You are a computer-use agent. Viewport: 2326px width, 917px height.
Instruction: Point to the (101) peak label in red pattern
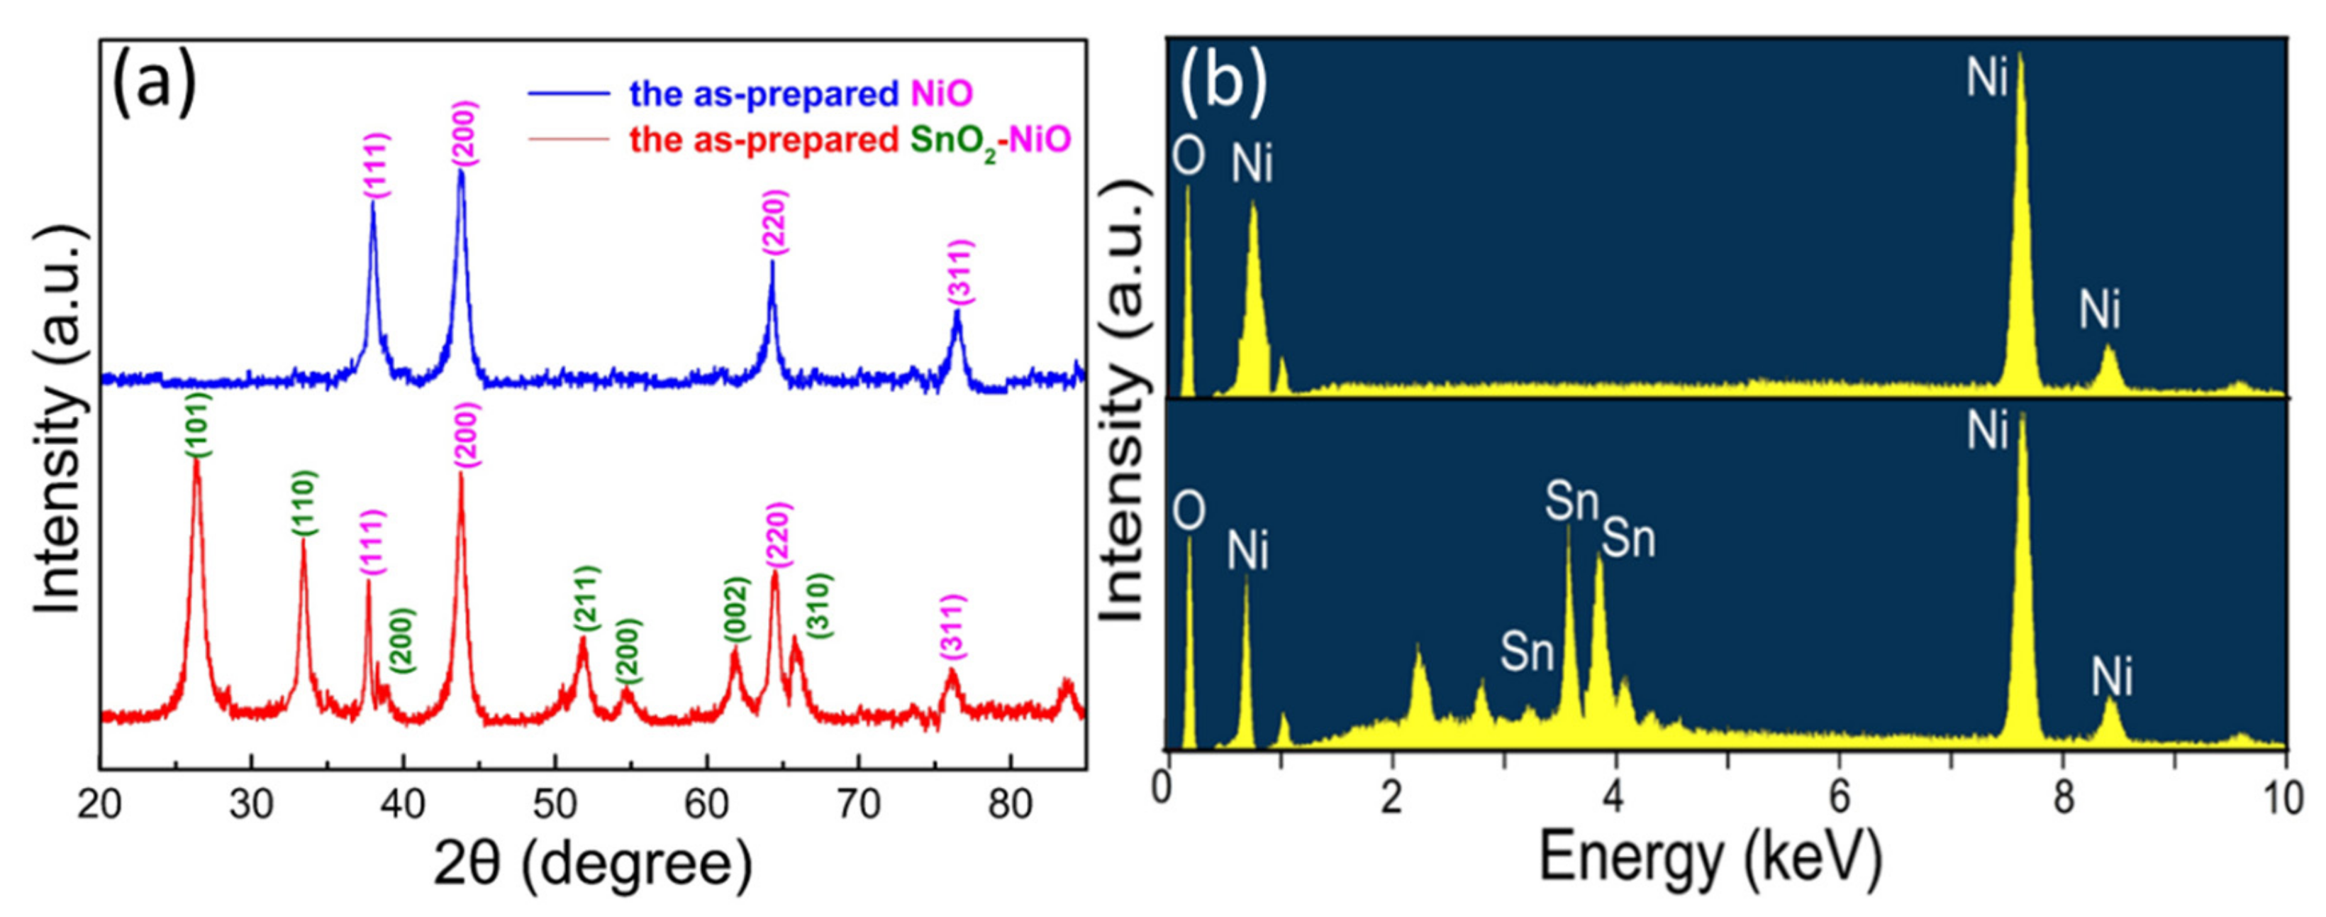[x=199, y=424]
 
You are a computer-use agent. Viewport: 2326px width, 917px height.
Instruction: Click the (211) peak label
[x=586, y=599]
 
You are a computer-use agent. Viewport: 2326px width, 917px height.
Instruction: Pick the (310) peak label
[x=818, y=606]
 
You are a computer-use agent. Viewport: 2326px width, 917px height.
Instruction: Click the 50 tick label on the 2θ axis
[x=555, y=804]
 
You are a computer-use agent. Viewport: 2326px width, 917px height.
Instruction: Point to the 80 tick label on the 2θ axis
[x=1011, y=804]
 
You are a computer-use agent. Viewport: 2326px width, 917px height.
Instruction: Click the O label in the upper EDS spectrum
[x=1189, y=155]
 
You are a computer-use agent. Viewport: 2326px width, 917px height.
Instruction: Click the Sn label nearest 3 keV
[x=1526, y=649]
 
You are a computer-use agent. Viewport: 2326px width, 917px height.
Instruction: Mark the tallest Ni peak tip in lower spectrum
[x=2022, y=413]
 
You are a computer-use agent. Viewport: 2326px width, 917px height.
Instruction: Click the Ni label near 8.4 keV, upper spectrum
[x=2099, y=310]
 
